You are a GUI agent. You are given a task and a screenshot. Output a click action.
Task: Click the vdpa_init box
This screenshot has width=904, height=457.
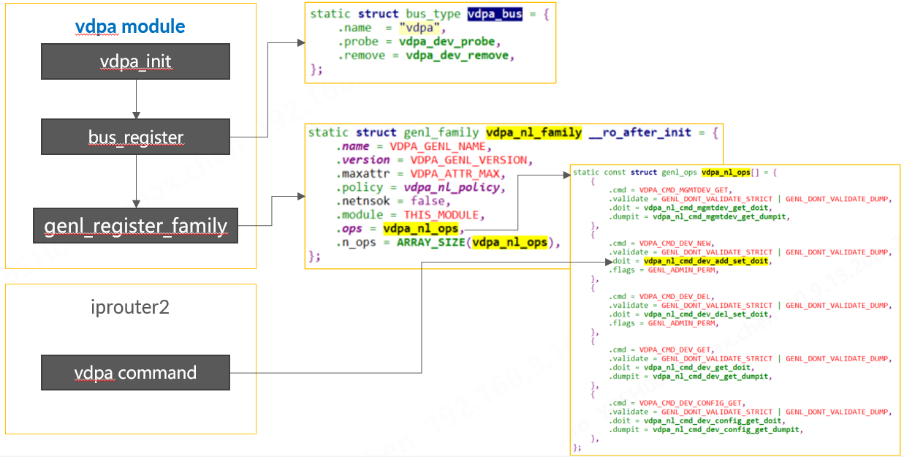pyautogui.click(x=135, y=61)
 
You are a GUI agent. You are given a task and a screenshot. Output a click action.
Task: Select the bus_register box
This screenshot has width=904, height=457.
pyautogui.click(x=135, y=137)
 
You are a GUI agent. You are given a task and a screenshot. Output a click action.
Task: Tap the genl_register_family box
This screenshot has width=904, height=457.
pyautogui.click(x=135, y=226)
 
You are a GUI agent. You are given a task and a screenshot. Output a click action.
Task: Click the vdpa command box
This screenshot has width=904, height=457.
pyautogui.click(x=135, y=373)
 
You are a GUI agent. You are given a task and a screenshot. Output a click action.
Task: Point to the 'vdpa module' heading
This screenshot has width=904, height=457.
pyautogui.click(x=130, y=28)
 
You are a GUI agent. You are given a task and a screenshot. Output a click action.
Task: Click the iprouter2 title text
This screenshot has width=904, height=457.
pyautogui.click(x=130, y=306)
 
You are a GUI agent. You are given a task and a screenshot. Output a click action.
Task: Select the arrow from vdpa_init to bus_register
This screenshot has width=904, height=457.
pyautogui.click(x=136, y=99)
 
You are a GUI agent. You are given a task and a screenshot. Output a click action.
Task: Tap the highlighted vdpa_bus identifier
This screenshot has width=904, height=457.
pyautogui.click(x=495, y=14)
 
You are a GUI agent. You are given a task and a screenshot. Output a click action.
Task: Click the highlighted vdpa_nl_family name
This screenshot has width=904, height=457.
pyautogui.click(x=534, y=133)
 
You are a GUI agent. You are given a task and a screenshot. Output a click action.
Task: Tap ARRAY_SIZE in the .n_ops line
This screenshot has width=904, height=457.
pyautogui.click(x=430, y=243)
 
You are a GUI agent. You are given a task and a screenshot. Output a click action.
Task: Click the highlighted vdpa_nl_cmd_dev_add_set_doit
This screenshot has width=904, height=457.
pyautogui.click(x=706, y=261)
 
